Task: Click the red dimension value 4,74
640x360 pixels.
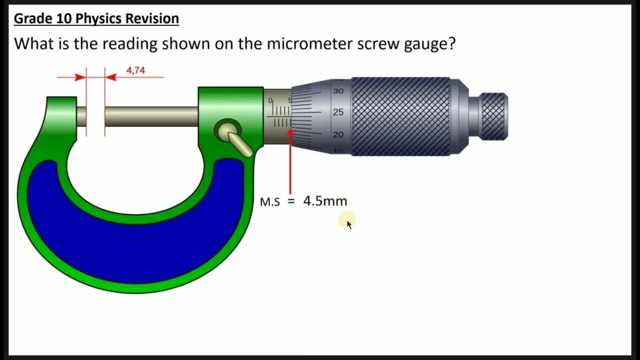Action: [135, 70]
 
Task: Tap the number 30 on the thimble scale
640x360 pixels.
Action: [338, 91]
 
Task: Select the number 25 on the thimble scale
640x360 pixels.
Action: [338, 112]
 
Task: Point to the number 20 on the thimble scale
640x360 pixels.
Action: [338, 134]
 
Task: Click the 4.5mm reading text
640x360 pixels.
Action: [325, 201]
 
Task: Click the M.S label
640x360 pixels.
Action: [270, 202]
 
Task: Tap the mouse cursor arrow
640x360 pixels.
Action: [348, 224]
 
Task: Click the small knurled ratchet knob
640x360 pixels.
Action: [494, 116]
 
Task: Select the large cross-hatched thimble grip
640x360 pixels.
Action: [400, 116]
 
